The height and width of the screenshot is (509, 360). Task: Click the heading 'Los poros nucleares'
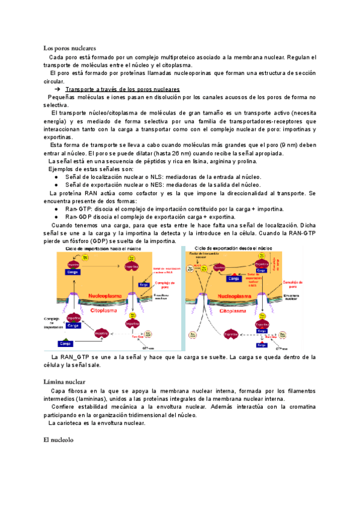70,47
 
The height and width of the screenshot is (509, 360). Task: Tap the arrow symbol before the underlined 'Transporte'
58,89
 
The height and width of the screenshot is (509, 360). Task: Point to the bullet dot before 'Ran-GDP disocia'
55,217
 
